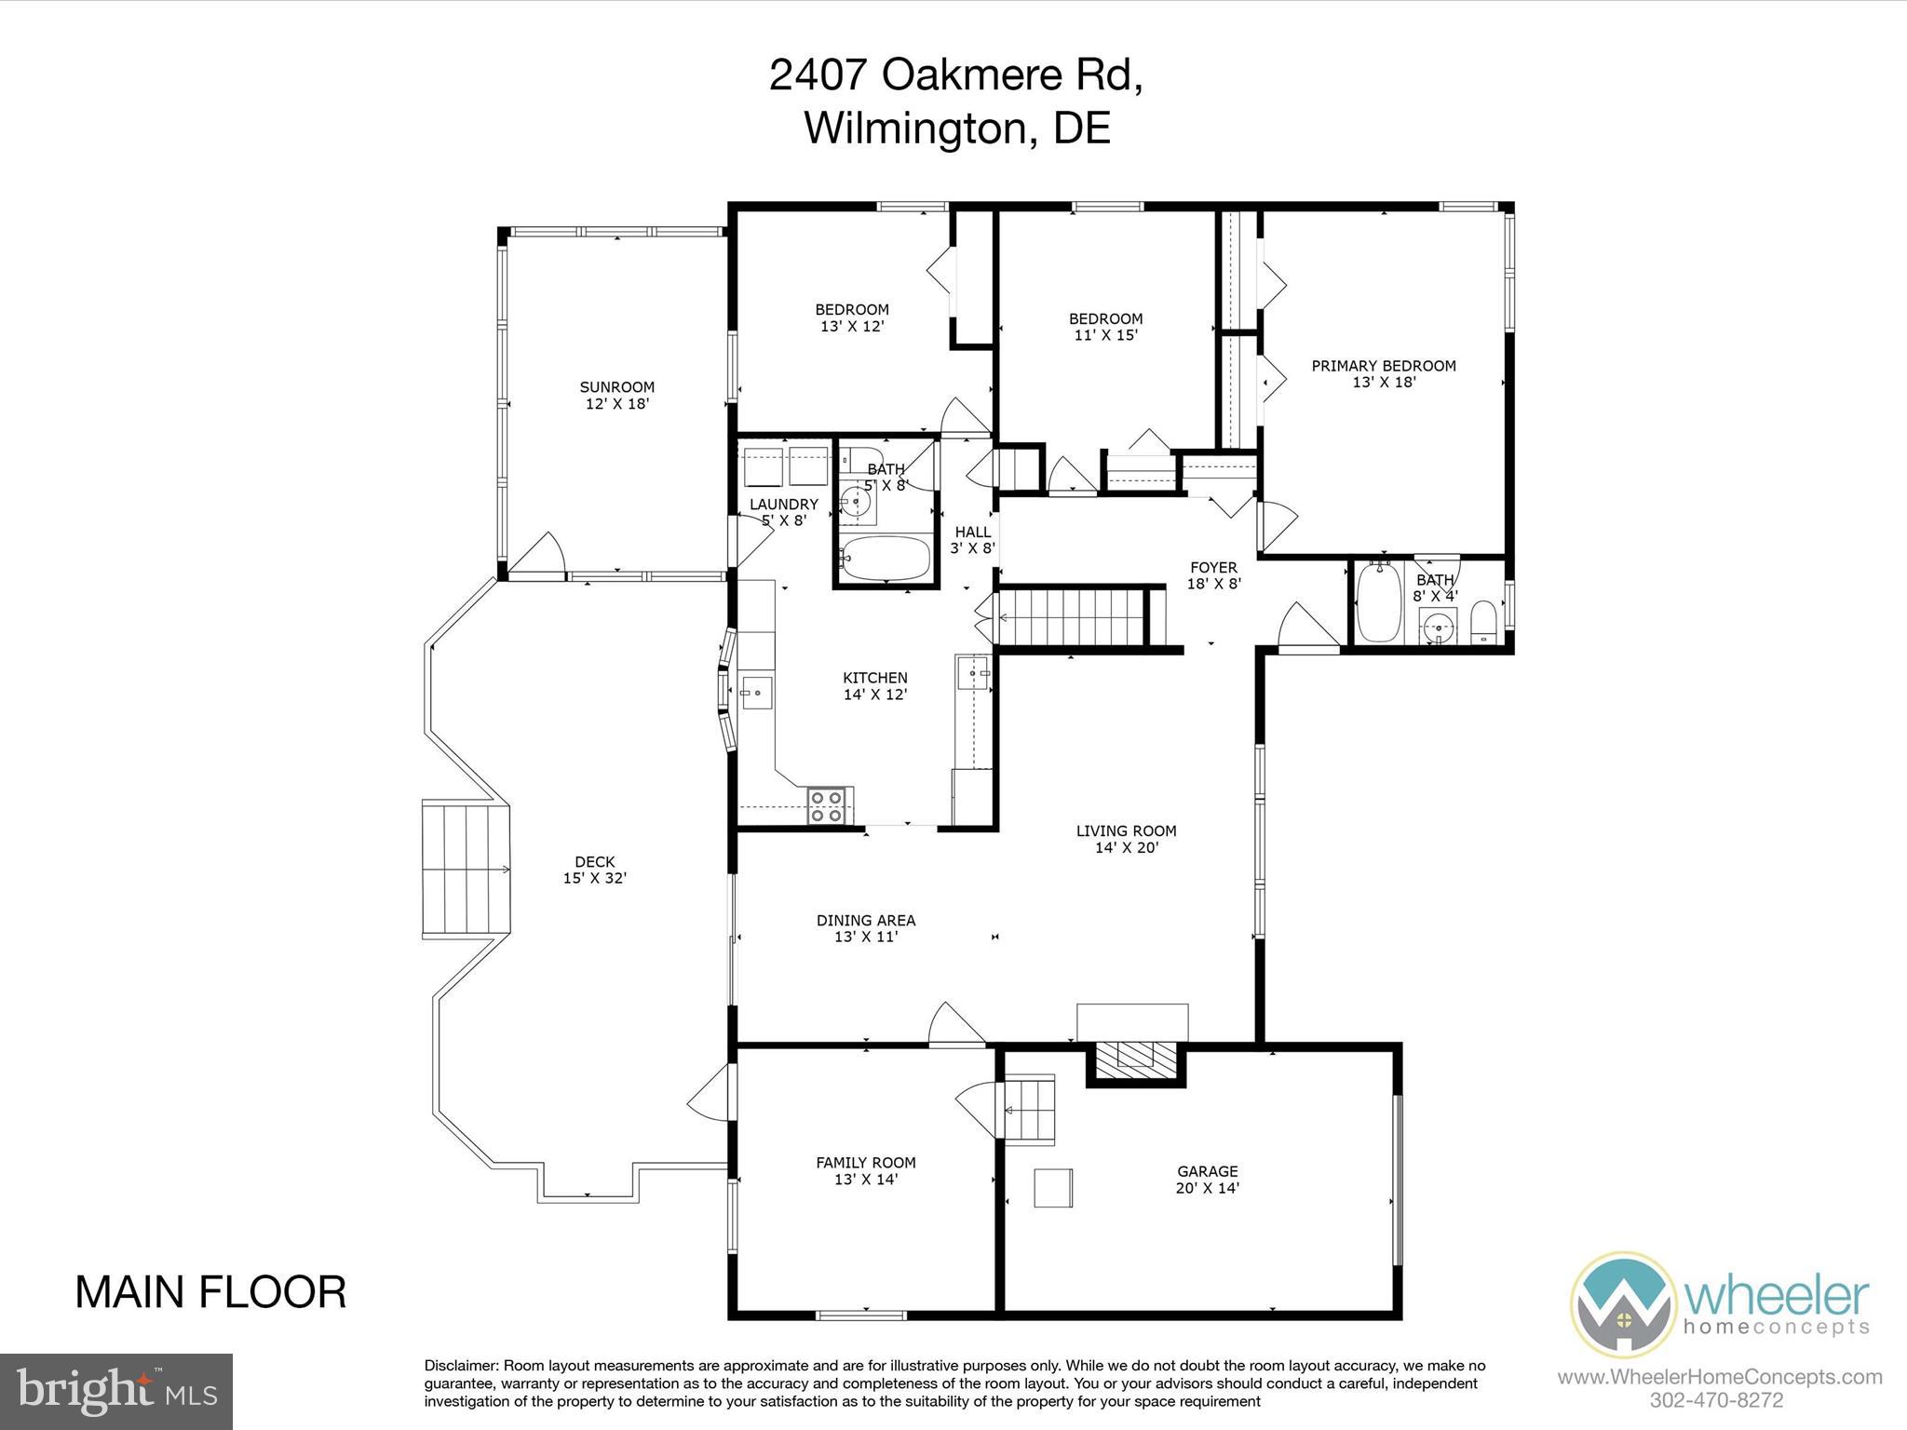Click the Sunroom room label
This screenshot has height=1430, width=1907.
[616, 396]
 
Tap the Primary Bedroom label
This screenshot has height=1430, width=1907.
[1384, 373]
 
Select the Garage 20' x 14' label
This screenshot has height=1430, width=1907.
[1207, 1180]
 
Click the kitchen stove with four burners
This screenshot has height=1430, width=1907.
[827, 805]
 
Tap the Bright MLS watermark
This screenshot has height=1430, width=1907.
[116, 1391]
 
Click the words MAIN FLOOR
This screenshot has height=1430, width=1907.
[210, 1293]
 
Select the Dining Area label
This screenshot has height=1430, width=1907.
[866, 928]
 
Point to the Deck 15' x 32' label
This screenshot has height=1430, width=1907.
[595, 870]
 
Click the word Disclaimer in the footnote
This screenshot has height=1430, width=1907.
[462, 1366]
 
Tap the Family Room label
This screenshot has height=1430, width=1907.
[866, 1170]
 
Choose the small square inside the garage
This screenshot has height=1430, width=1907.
[1053, 1188]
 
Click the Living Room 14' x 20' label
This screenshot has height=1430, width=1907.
[1126, 839]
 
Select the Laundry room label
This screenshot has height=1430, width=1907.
[784, 512]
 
